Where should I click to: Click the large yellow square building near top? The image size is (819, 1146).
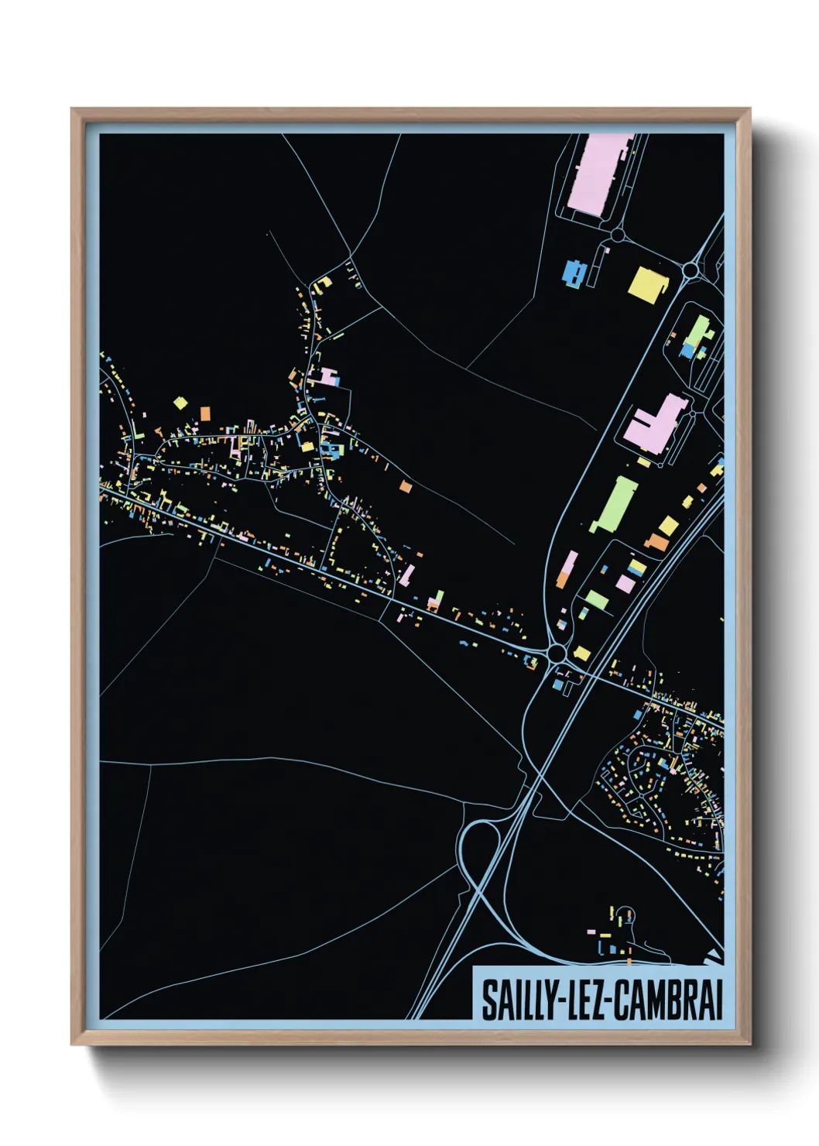tap(646, 283)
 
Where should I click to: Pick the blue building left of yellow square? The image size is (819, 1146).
tap(573, 273)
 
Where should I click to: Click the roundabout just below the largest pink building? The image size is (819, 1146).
tap(618, 234)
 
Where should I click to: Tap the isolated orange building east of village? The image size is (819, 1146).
tap(406, 486)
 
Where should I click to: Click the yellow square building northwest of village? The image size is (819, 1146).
tap(180, 403)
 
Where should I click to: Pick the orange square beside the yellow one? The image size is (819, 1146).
tap(205, 413)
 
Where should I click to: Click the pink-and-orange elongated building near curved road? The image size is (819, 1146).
tap(567, 568)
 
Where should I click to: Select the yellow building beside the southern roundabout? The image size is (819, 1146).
tap(581, 654)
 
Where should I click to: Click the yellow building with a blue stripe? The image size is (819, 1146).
tap(637, 568)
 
